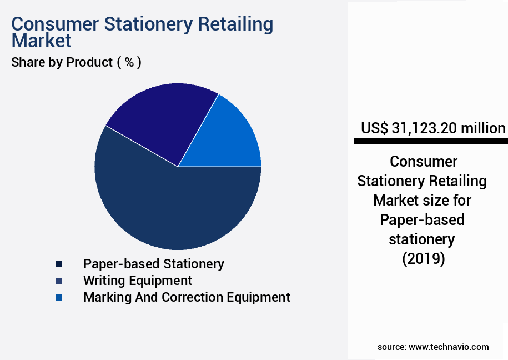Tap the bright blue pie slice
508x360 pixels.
coord(233,139)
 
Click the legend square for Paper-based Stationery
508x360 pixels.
coord(58,264)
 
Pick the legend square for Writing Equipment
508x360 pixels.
coord(58,281)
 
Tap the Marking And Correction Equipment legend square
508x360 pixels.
coord(58,298)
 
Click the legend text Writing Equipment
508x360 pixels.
coord(138,281)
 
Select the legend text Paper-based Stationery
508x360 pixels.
coord(154,264)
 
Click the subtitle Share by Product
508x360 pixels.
coord(62,62)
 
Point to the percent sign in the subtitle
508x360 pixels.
coord(129,62)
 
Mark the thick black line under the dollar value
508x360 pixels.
coord(431,142)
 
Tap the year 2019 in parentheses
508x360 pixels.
coord(423,259)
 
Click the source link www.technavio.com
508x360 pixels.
coord(449,347)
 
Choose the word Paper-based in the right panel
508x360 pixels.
coord(422,220)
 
